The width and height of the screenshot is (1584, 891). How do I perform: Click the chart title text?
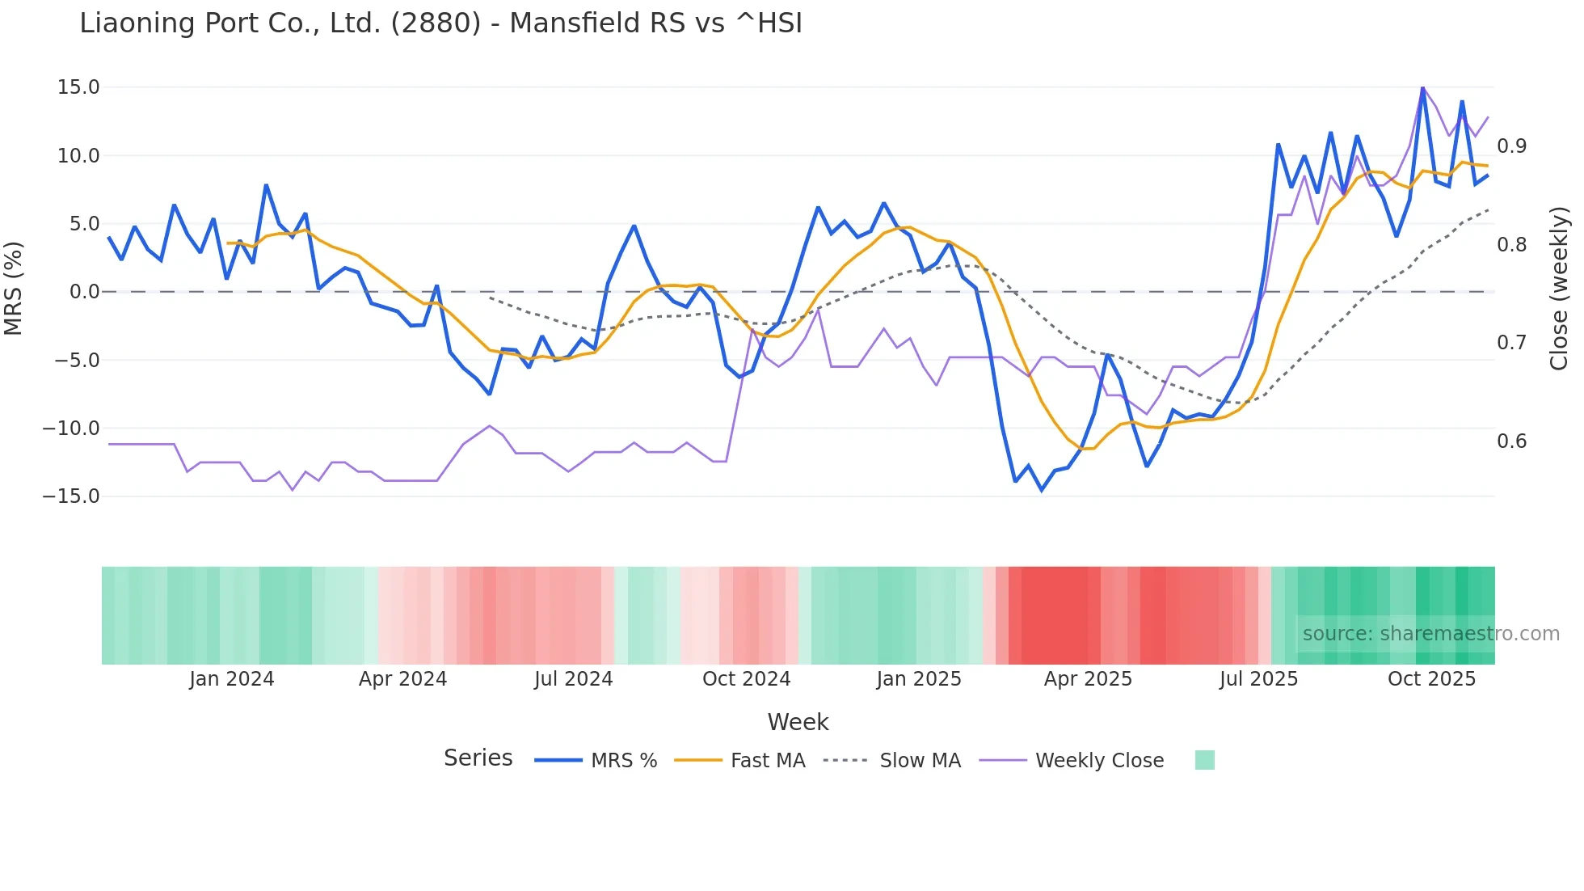pyautogui.click(x=440, y=23)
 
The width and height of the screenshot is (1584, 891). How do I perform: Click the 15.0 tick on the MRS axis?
pyautogui.click(x=78, y=87)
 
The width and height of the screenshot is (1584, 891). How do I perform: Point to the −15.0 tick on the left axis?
pyautogui.click(x=71, y=496)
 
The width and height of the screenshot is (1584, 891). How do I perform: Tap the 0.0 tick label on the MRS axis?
pyautogui.click(x=84, y=292)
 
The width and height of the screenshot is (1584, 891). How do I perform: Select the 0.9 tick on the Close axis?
pyautogui.click(x=1511, y=146)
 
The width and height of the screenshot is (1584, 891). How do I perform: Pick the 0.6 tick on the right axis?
pyautogui.click(x=1511, y=441)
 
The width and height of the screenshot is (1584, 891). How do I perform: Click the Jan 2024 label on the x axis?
pyautogui.click(x=232, y=679)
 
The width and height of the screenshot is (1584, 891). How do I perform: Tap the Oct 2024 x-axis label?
pyautogui.click(x=746, y=679)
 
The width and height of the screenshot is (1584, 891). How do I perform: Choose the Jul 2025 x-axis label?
pyautogui.click(x=1258, y=679)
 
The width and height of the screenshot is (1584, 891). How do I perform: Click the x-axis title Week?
pyautogui.click(x=798, y=722)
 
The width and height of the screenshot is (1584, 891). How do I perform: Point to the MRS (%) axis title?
pyautogui.click(x=14, y=288)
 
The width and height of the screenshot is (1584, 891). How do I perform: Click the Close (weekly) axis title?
pyautogui.click(x=1559, y=289)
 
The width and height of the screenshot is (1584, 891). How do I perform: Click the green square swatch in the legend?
pyautogui.click(x=1204, y=760)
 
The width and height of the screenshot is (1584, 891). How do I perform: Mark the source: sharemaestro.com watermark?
pyautogui.click(x=1430, y=634)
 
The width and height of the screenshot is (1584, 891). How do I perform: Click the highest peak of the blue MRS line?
pyautogui.click(x=1422, y=88)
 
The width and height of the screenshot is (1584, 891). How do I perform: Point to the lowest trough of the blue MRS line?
pyautogui.click(x=1042, y=490)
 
